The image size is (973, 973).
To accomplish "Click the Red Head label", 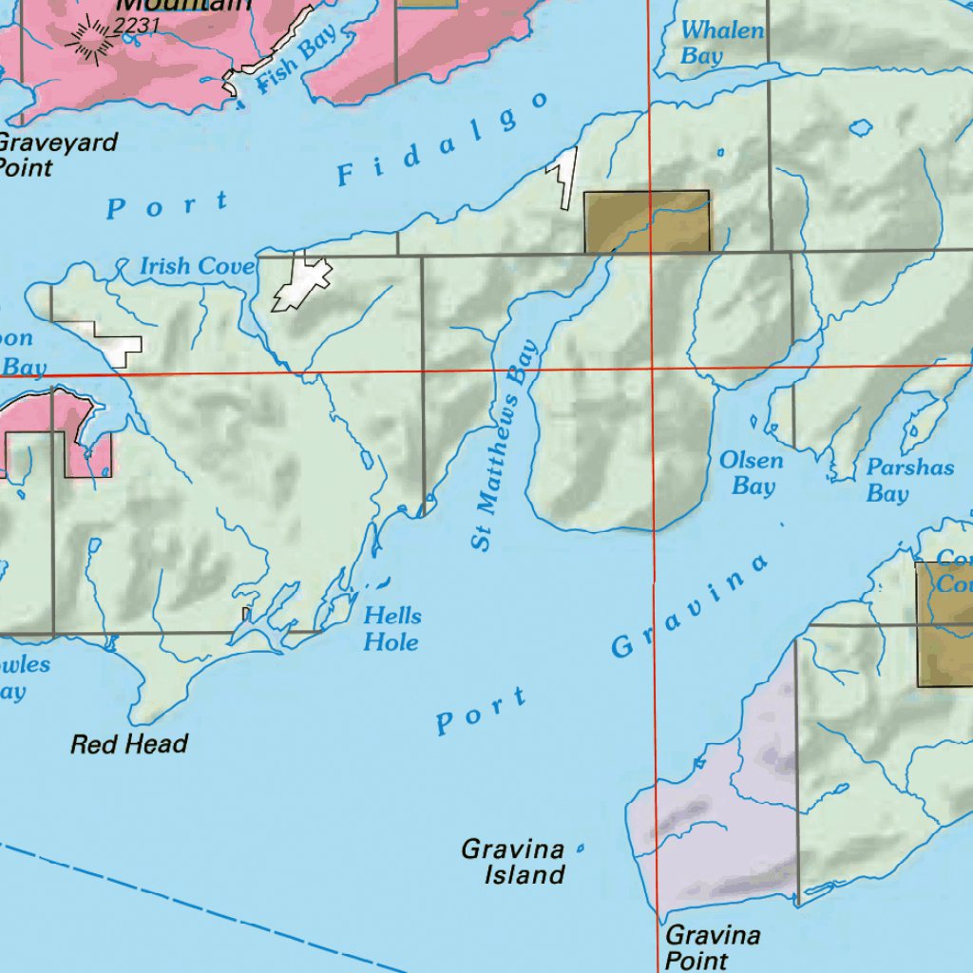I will click(x=129, y=744).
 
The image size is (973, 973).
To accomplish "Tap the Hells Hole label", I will click(x=391, y=629).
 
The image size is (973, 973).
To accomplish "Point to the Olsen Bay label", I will click(x=752, y=473).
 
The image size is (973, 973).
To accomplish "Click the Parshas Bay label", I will click(x=896, y=481).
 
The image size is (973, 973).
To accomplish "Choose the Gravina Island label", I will click(x=513, y=861).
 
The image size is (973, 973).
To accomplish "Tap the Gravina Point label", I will click(x=713, y=947).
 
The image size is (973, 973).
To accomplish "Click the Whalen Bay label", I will click(x=722, y=44).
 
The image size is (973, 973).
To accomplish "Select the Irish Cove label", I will click(x=198, y=267).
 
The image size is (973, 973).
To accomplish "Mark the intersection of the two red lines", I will click(x=652, y=367).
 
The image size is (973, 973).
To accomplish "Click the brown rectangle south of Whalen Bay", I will click(x=646, y=220).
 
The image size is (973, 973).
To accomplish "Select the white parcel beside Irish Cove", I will click(x=302, y=283).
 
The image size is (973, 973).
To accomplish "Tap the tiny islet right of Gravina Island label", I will click(x=580, y=849).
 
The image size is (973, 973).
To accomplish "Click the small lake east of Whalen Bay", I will click(x=862, y=125).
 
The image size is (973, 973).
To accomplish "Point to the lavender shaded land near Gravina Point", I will click(x=722, y=827).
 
